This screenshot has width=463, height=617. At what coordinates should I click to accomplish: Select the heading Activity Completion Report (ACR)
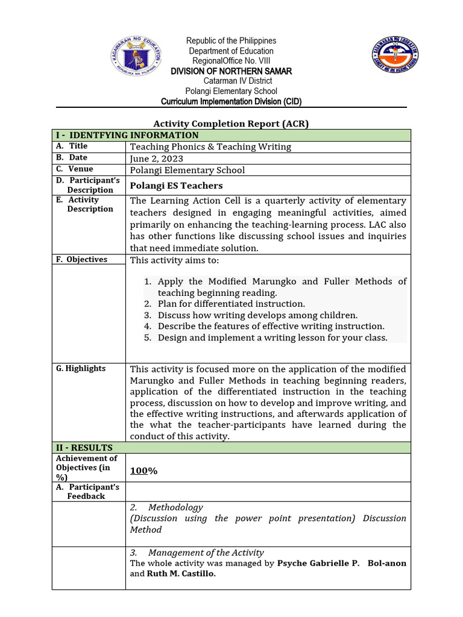pos(231,124)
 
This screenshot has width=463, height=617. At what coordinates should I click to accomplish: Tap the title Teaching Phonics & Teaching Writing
pos(210,146)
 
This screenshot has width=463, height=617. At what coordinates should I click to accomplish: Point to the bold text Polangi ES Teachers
pos(176,186)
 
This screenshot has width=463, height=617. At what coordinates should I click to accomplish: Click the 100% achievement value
pos(143,471)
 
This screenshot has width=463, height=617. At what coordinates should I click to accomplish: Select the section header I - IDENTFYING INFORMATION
pos(127,135)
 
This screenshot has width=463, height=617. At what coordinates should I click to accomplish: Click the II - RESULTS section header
pos(84,448)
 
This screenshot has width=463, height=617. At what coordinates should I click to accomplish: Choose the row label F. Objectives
pos(81,260)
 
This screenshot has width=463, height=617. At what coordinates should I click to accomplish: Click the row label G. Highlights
pos(81,368)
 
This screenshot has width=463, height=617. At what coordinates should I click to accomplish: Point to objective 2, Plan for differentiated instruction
pos(231,304)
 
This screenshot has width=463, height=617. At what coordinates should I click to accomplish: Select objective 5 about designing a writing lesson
pos(272,337)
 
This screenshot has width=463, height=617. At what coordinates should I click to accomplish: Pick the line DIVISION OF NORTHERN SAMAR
pos(231,71)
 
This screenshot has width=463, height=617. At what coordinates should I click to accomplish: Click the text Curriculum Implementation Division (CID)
pos(231,101)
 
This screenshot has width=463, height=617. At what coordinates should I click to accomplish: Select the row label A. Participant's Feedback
pos(87,492)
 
